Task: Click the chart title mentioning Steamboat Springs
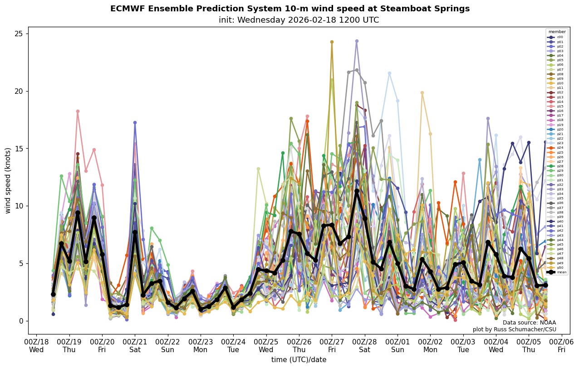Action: click(289, 9)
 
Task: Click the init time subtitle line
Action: click(299, 20)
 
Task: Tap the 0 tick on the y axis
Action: click(22, 321)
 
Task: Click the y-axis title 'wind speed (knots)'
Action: click(8, 180)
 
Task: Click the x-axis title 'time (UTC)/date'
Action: click(299, 360)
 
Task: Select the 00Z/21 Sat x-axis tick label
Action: click(135, 345)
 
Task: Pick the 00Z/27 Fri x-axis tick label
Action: click(332, 345)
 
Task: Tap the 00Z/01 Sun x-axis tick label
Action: click(397, 345)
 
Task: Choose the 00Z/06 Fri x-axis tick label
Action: click(562, 345)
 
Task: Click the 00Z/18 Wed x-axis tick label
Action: click(36, 345)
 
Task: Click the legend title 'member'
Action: click(557, 32)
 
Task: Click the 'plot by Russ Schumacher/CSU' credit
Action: click(514, 329)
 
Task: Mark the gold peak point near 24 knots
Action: click(332, 42)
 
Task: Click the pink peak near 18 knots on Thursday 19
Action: click(78, 111)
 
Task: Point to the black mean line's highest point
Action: click(357, 191)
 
